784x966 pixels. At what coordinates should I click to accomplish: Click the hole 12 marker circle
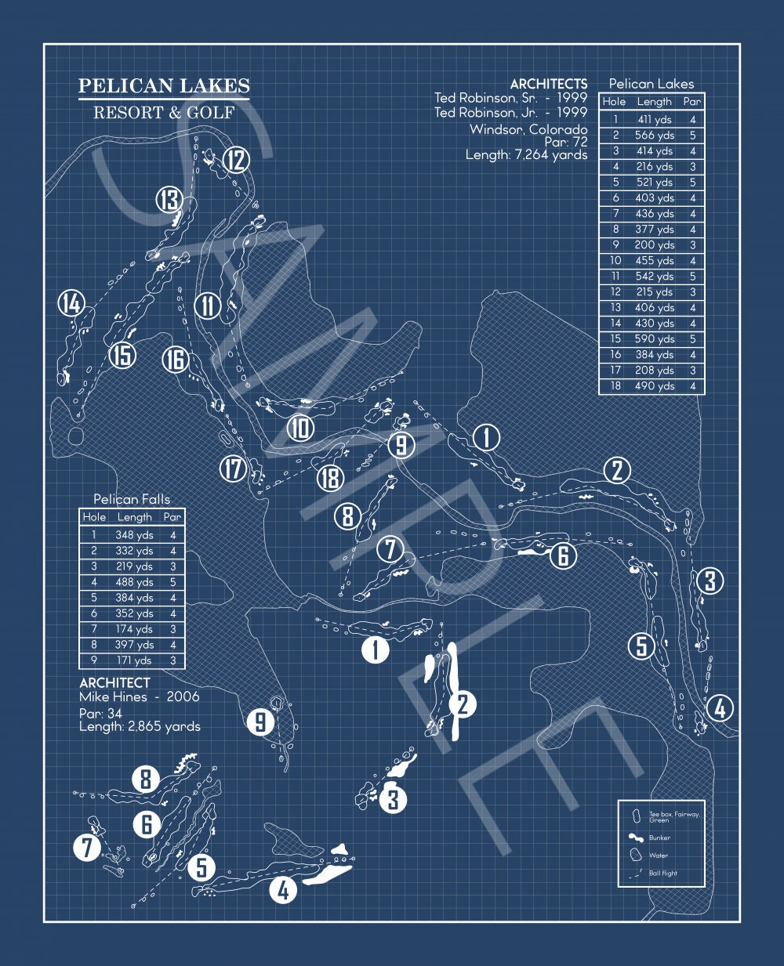coord(237,160)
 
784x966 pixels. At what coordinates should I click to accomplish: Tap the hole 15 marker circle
coord(122,355)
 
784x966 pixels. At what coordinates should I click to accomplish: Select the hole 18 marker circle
coord(330,478)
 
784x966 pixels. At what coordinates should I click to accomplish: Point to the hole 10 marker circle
coord(300,428)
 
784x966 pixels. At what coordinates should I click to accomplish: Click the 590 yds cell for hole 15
coord(654,338)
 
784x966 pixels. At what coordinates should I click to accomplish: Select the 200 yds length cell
coord(654,245)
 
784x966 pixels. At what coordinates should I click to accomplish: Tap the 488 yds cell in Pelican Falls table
coord(134,582)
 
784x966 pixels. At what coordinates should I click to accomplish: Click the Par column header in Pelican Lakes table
coord(692,102)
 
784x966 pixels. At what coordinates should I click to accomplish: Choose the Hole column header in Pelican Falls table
coord(94,517)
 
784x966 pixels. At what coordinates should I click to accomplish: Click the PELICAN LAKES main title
coord(164,85)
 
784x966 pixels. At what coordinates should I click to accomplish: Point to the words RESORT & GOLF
coord(164,113)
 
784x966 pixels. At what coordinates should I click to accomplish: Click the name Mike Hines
coord(113,697)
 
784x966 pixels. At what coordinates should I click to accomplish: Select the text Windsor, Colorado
coord(528,130)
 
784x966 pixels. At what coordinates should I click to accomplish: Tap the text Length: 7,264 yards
coord(526,155)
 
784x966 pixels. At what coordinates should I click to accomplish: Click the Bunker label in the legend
coord(659,838)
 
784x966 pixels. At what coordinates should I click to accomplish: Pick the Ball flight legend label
coord(662,873)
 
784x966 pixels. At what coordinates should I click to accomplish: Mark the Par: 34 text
coord(100,714)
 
